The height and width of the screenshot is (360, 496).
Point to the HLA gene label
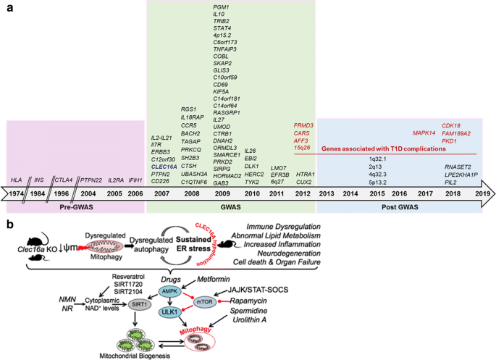tap(16, 179)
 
